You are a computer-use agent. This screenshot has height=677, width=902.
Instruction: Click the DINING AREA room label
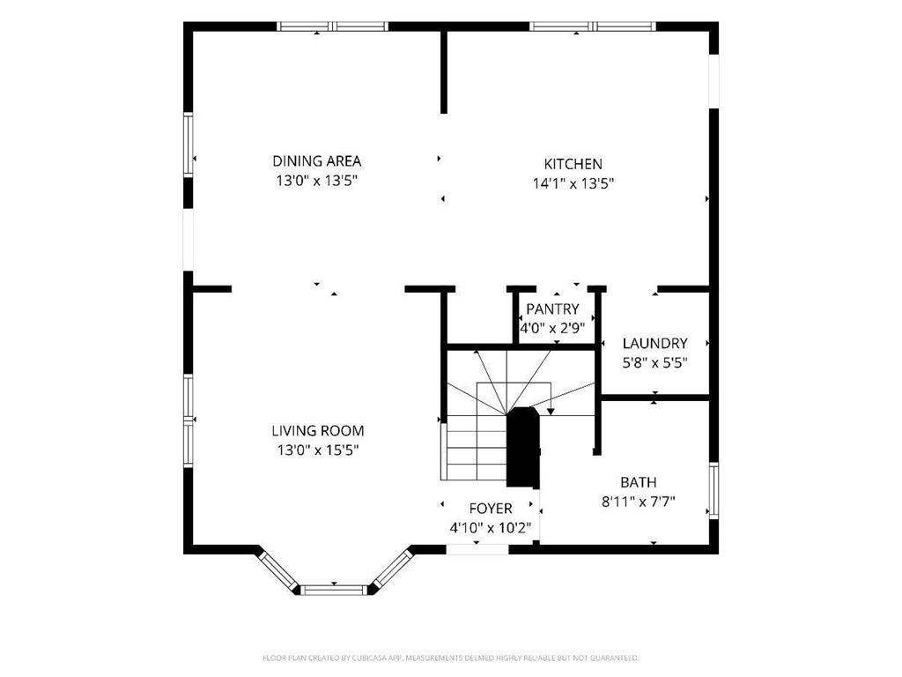pos(316,161)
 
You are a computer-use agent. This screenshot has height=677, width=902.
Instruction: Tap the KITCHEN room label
pos(573,164)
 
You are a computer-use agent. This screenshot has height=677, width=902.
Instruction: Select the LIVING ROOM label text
pos(317,431)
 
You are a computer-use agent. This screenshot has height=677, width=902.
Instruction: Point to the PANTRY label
pos(552,309)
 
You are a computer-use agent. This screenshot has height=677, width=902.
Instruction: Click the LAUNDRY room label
pos(654,343)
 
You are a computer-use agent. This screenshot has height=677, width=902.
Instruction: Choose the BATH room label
pos(638,482)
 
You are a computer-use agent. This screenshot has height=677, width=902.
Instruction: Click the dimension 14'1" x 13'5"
pos(573,183)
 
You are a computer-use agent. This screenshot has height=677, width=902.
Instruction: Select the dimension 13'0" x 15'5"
pos(317,450)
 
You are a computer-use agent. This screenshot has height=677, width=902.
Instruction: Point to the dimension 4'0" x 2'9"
pos(552,328)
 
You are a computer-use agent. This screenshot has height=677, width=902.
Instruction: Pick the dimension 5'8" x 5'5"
pos(654,362)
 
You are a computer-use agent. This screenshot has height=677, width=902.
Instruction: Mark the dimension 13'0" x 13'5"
pos(316,180)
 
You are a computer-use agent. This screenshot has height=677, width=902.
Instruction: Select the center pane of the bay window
pos(334,589)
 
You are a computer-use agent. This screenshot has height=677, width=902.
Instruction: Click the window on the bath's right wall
pos(713,489)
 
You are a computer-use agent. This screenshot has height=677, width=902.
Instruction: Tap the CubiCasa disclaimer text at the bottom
pos(450,658)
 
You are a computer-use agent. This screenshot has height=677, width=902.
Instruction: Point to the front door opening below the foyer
pos(477,549)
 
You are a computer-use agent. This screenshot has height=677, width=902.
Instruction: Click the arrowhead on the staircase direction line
pos(551,410)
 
